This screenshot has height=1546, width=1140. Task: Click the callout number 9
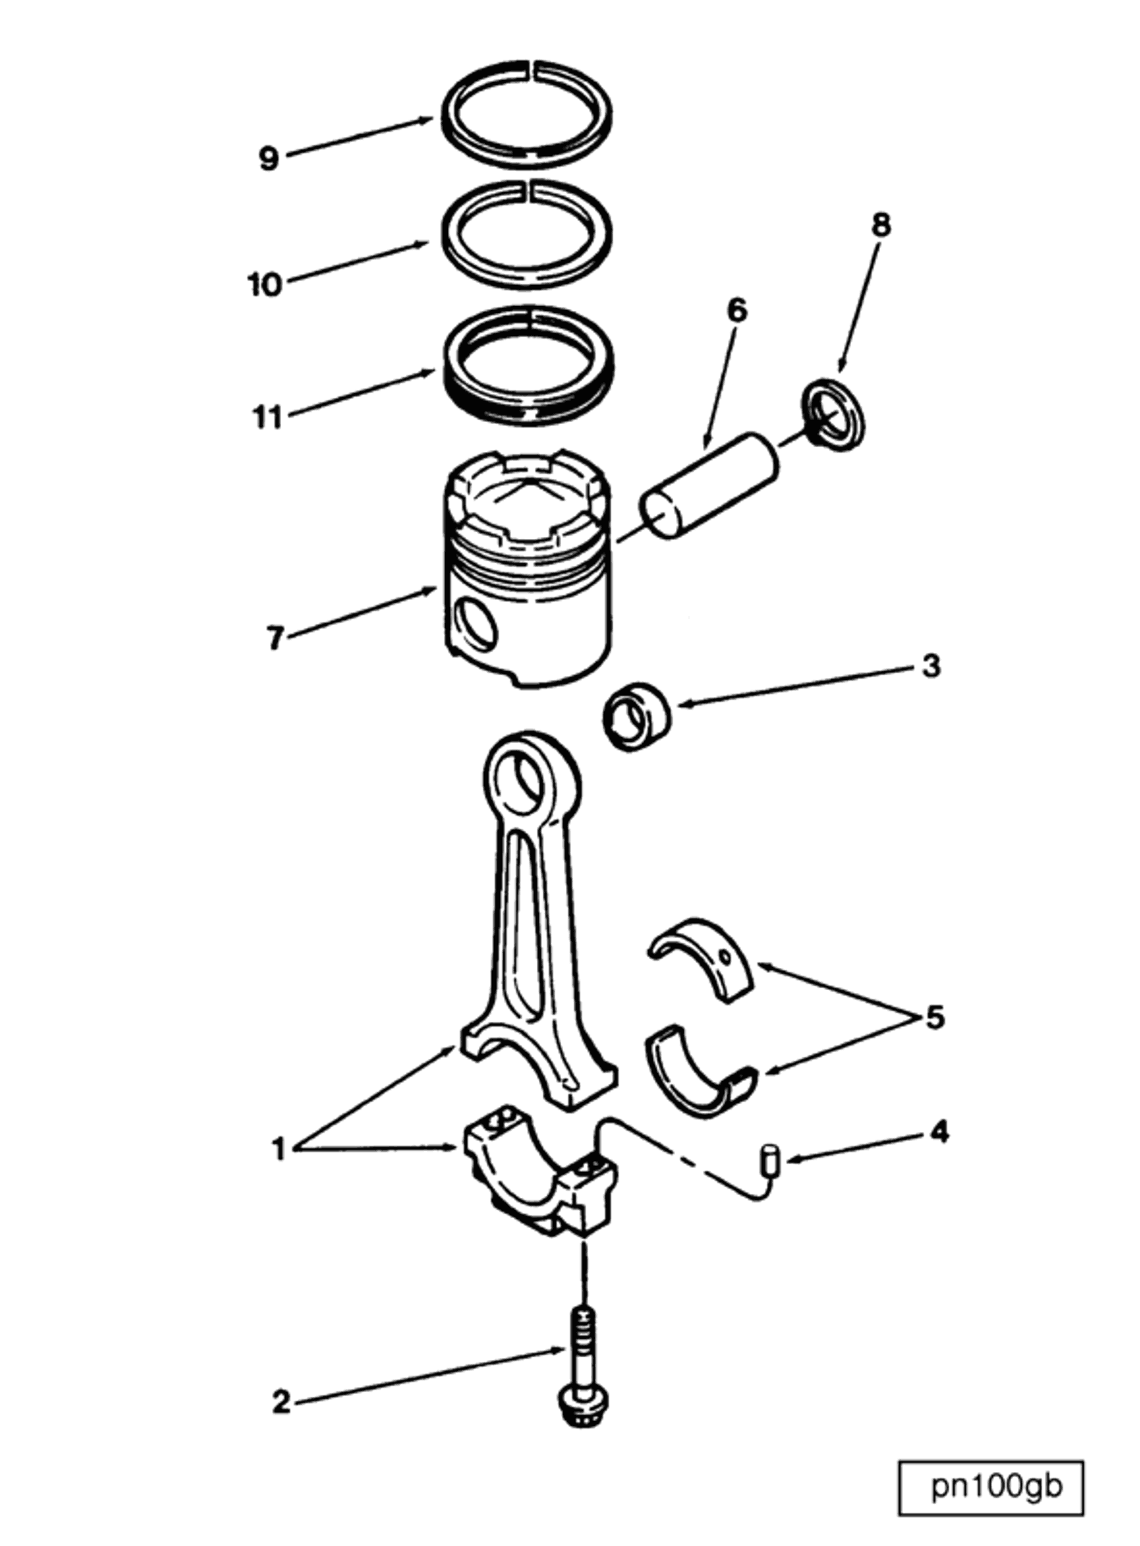pos(269,159)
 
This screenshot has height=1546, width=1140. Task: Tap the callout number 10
pos(266,284)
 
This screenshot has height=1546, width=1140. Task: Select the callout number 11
pos(268,417)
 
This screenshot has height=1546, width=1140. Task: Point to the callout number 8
pos(881,225)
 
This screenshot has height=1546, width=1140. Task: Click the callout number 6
pos(737,312)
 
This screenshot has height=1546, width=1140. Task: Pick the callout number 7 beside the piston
pos(275,639)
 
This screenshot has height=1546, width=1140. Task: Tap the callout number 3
pos(931,666)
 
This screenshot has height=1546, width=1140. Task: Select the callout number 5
pos(934,1017)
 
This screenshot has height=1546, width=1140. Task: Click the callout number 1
pos(278,1150)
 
